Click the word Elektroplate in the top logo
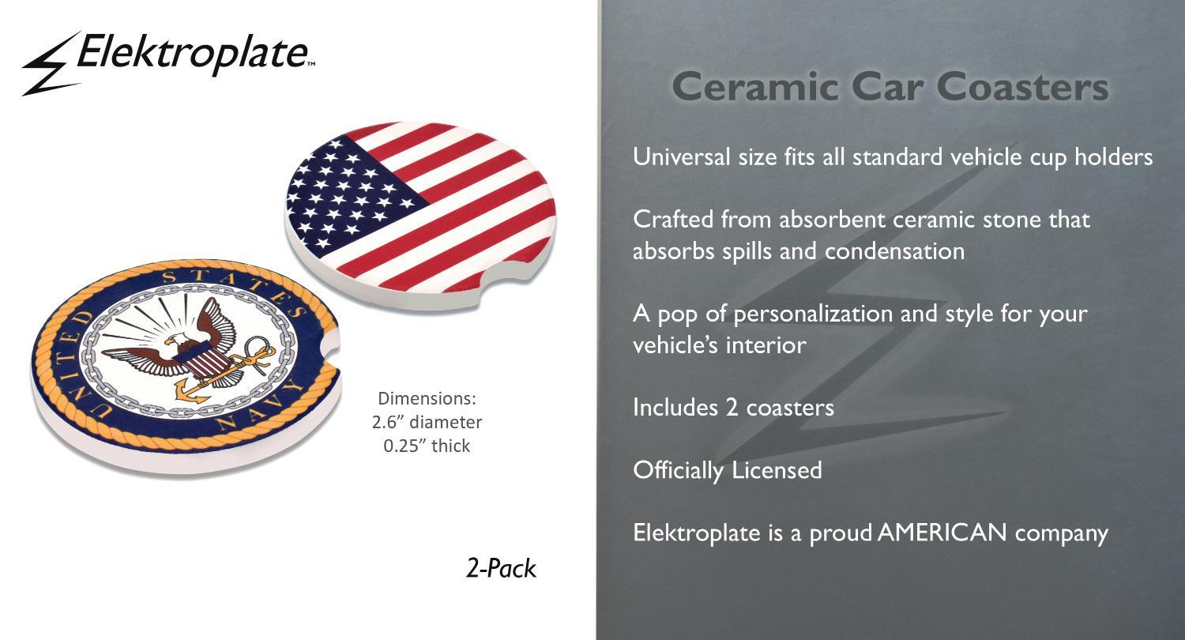click(x=193, y=54)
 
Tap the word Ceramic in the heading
click(x=755, y=87)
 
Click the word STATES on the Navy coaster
click(x=235, y=288)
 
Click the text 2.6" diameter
click(x=427, y=422)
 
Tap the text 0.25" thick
click(x=427, y=446)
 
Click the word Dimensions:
click(x=427, y=398)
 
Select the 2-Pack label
click(x=501, y=569)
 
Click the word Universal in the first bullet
click(x=682, y=157)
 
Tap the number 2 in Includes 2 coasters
click(x=732, y=407)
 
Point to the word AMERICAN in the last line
click(x=942, y=532)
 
